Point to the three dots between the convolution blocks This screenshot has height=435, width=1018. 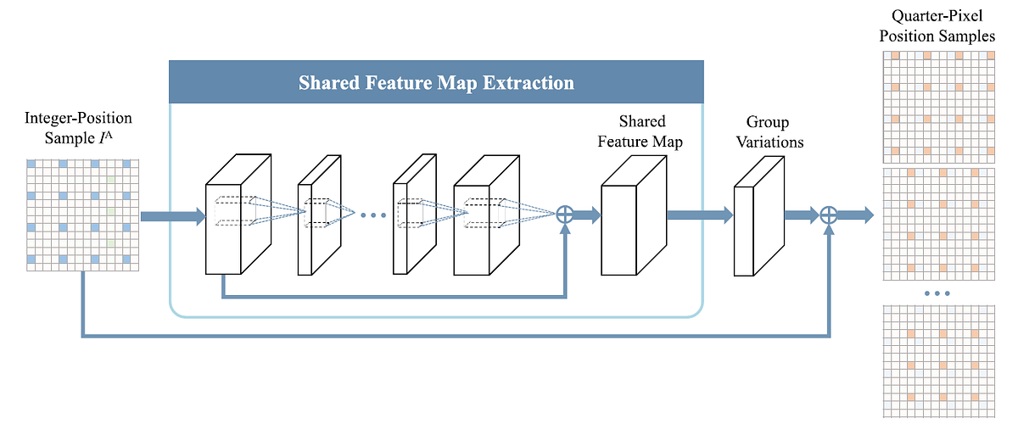click(373, 216)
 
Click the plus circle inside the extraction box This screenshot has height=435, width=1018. click(565, 215)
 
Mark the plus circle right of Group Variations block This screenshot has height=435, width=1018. click(830, 215)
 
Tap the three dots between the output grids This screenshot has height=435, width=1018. click(936, 293)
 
